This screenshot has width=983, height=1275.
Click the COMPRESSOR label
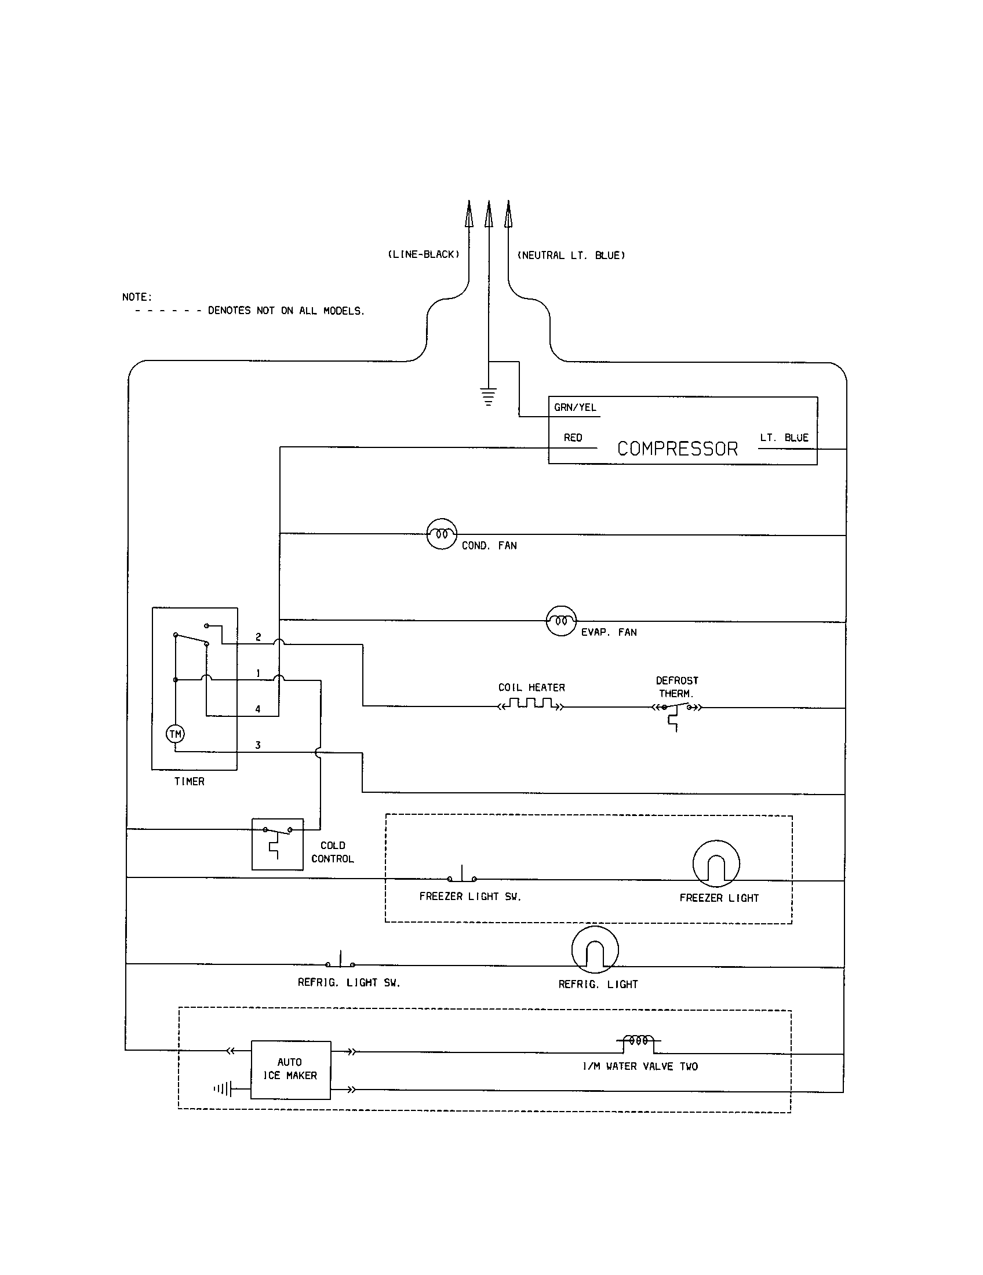(677, 449)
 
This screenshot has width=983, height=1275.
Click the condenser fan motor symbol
(441, 534)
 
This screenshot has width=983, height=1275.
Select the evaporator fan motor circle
(561, 621)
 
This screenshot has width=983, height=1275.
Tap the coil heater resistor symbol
(530, 704)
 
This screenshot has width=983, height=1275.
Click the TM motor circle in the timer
(175, 734)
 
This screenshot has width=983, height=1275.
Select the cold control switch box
(277, 844)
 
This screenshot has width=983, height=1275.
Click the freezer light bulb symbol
(716, 864)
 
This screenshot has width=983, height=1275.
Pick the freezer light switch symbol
(462, 876)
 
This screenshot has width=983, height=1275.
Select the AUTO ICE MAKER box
(291, 1069)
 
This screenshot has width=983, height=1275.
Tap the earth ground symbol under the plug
(489, 396)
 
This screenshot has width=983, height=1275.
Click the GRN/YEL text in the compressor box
(575, 407)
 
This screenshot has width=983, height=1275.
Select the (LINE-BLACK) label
(424, 254)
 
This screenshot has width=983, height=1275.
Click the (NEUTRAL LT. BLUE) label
(571, 255)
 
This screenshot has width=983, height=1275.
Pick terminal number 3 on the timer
(257, 745)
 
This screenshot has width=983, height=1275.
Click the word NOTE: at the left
(137, 297)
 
